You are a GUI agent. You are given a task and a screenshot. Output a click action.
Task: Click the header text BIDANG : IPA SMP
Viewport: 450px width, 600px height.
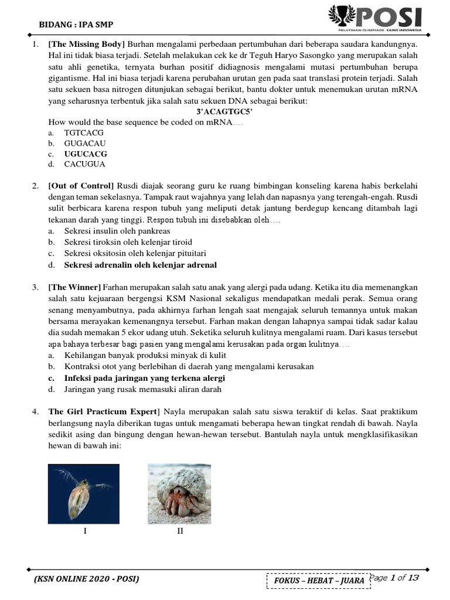click(76, 25)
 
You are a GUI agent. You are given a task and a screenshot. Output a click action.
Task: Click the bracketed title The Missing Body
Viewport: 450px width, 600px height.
click(87, 45)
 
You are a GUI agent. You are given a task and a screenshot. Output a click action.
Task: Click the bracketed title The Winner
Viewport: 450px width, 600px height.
click(75, 287)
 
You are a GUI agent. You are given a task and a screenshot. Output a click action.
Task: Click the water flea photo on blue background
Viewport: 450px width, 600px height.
click(84, 493)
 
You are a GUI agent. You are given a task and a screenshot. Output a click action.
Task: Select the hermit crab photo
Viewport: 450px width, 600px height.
click(179, 493)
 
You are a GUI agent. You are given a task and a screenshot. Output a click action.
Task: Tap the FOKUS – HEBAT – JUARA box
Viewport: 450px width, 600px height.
click(318, 580)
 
